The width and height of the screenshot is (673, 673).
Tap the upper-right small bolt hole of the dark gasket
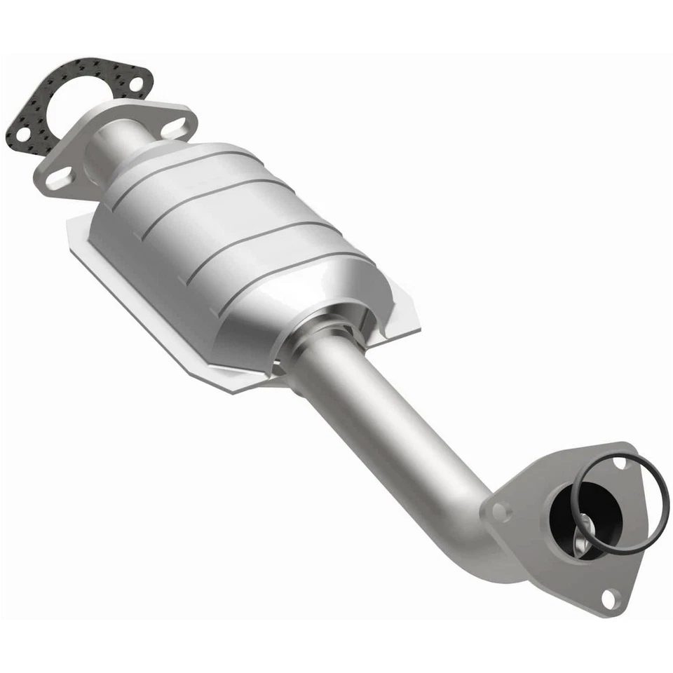[135, 85]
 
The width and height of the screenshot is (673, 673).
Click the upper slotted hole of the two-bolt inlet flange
[175, 127]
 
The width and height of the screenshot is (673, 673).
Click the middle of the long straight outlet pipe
[393, 421]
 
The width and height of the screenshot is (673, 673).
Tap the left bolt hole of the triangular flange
[499, 511]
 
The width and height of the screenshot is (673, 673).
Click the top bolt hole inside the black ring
[620, 463]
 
